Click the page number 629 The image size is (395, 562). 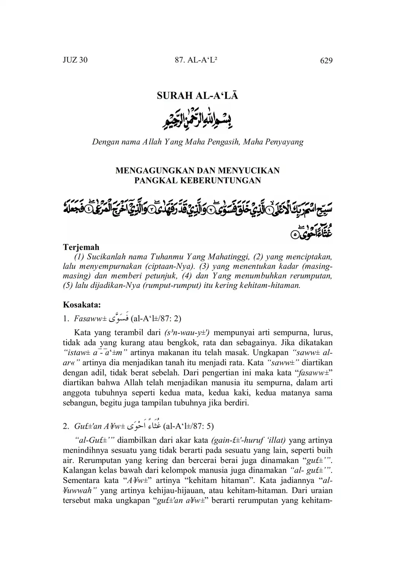click(x=326, y=61)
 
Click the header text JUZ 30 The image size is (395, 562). click(x=75, y=60)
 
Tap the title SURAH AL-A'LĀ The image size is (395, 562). click(x=197, y=96)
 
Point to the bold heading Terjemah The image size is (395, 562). click(x=81, y=247)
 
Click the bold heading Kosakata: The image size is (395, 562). click(x=82, y=305)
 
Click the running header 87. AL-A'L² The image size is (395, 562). click(x=197, y=60)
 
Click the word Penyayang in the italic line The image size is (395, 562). click(x=284, y=142)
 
